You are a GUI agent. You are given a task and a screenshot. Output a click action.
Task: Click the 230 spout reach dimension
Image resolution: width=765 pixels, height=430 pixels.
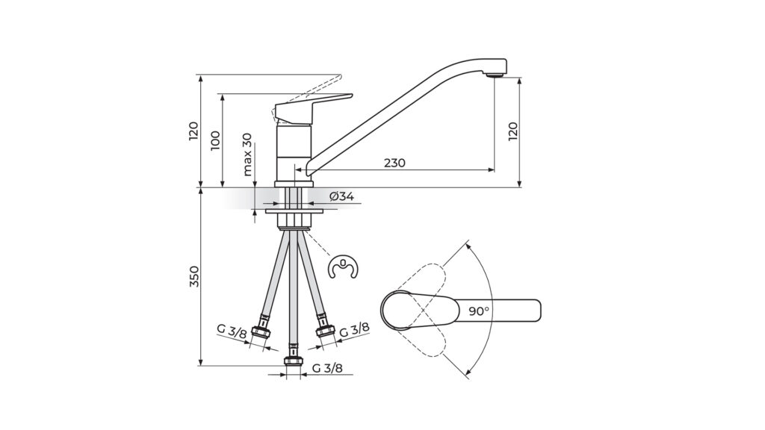tap(394, 163)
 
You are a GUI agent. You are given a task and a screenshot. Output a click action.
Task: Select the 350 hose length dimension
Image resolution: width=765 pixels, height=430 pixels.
tap(194, 276)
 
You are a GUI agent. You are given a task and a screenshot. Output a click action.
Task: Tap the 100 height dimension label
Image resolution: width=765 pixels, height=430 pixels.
tap(216, 141)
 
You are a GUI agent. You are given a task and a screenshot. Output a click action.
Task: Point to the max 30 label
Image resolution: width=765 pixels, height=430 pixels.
tap(247, 154)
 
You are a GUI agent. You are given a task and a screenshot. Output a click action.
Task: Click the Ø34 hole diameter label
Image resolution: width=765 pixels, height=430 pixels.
tap(341, 196)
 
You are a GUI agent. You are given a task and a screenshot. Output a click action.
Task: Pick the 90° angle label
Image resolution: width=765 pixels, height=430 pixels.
tap(479, 311)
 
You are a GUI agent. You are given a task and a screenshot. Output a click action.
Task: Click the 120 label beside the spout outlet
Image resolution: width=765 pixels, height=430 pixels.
tap(512, 131)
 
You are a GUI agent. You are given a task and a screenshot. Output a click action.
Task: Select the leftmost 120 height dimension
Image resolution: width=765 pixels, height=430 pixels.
tap(193, 131)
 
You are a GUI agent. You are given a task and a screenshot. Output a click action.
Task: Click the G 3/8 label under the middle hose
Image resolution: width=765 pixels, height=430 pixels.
tap(327, 368)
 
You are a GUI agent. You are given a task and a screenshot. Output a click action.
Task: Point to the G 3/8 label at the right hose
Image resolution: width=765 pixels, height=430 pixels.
tap(354, 329)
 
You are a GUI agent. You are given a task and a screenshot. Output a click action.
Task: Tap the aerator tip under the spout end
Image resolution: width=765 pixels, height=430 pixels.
tap(495, 75)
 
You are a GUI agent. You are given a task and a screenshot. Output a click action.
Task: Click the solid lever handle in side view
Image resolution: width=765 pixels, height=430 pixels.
tap(312, 107)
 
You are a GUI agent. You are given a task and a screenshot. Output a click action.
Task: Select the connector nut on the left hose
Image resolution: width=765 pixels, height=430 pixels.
tap(261, 331)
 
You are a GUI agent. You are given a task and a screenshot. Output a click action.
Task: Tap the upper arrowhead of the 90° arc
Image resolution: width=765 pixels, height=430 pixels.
tap(468, 246)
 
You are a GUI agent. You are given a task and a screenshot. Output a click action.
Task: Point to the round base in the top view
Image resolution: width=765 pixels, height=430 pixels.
tap(397, 310)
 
